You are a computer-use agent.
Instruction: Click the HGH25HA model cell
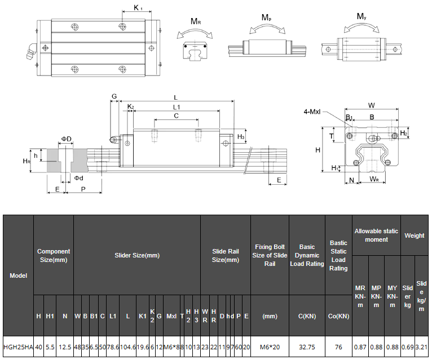coord(18,347)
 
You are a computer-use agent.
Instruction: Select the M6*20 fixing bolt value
coord(270,347)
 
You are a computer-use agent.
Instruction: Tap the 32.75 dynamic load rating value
coord(307,347)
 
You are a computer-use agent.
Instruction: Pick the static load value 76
coord(338,347)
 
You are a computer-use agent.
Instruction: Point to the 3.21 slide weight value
coord(421,347)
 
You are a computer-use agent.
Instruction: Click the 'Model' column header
coord(18,275)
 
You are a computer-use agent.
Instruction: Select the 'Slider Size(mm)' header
coord(137,255)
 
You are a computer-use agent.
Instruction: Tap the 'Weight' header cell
coord(415,235)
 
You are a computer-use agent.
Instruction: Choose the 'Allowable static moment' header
coord(376,235)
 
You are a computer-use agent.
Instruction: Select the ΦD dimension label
coord(66,139)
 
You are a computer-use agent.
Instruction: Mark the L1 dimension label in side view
coord(177,106)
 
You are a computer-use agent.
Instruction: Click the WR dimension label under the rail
coord(373,180)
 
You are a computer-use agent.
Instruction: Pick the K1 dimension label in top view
coord(138,7)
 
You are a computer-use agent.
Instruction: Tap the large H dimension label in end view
coord(318,150)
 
